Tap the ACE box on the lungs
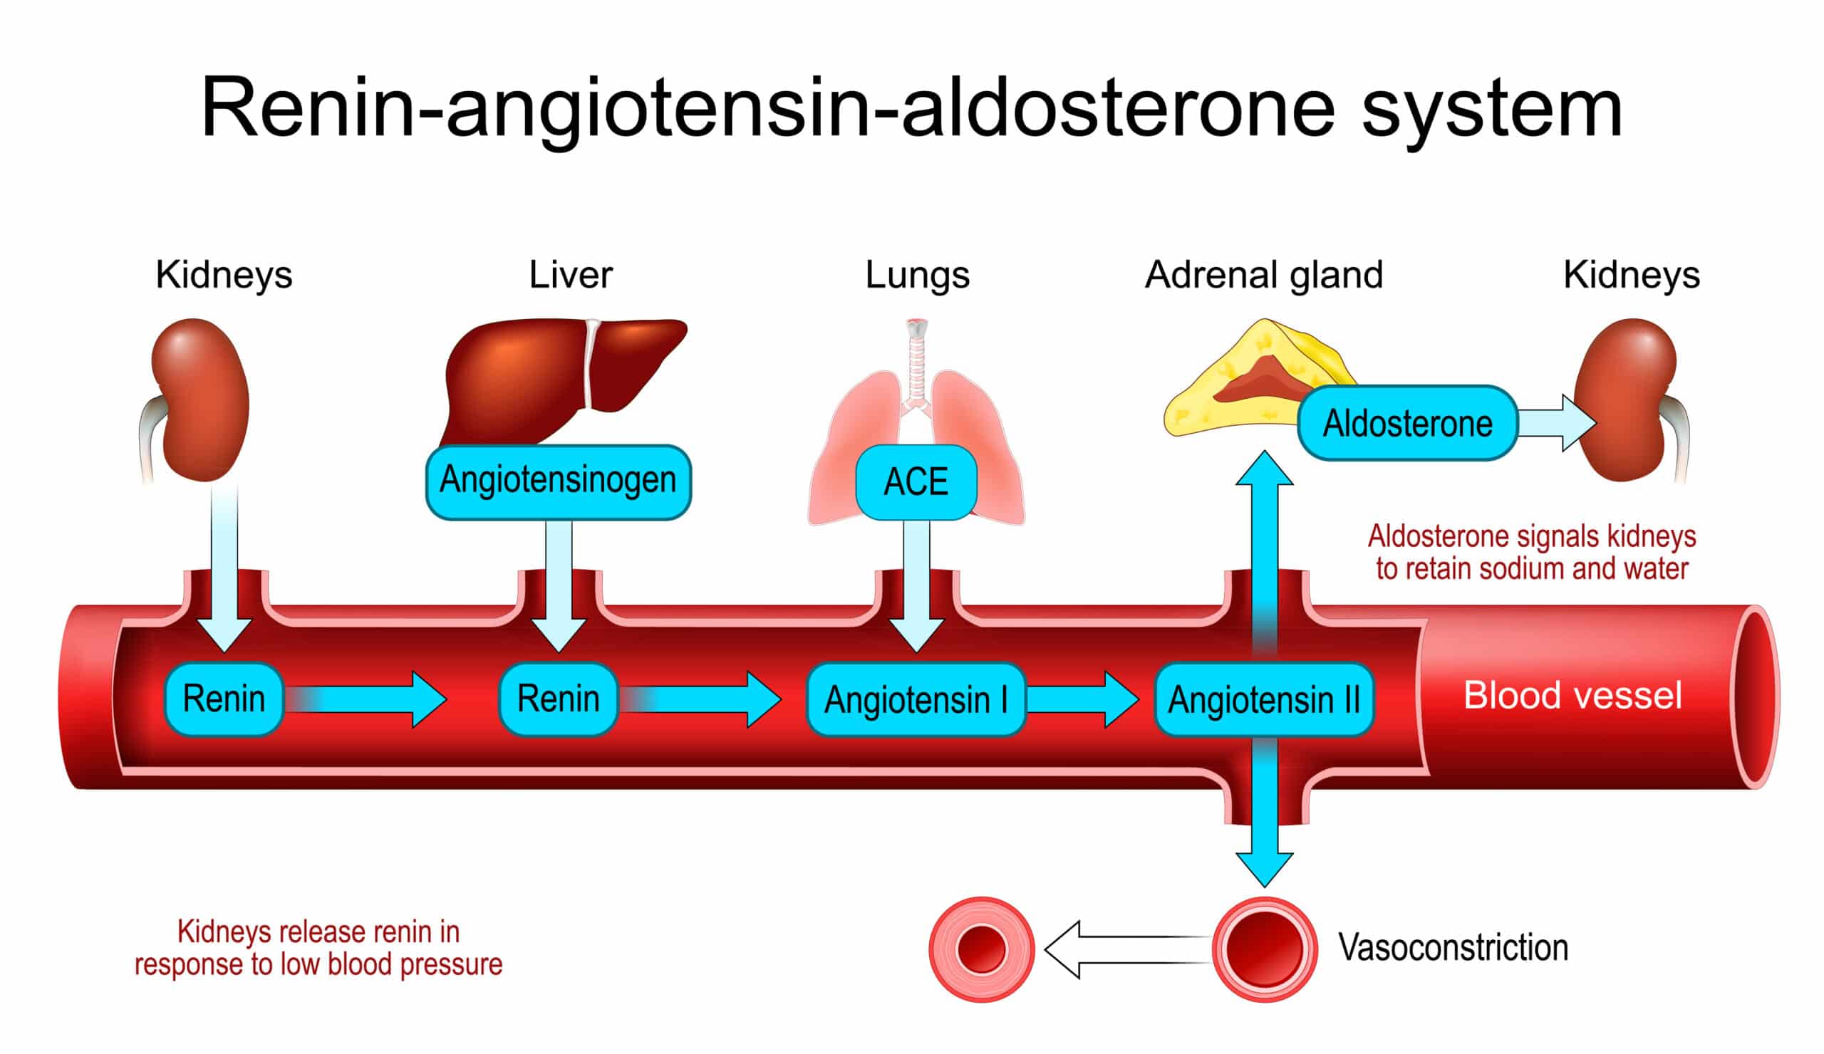click(916, 482)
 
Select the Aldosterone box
click(1407, 423)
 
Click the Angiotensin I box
click(916, 699)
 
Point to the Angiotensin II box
click(1264, 699)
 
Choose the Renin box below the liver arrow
click(558, 699)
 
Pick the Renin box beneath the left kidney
click(224, 699)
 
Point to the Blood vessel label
click(1572, 695)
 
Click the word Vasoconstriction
click(1453, 948)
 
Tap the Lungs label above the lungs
click(917, 275)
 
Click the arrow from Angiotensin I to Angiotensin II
click(1082, 699)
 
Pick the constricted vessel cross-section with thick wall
click(982, 949)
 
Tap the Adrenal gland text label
click(1263, 275)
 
